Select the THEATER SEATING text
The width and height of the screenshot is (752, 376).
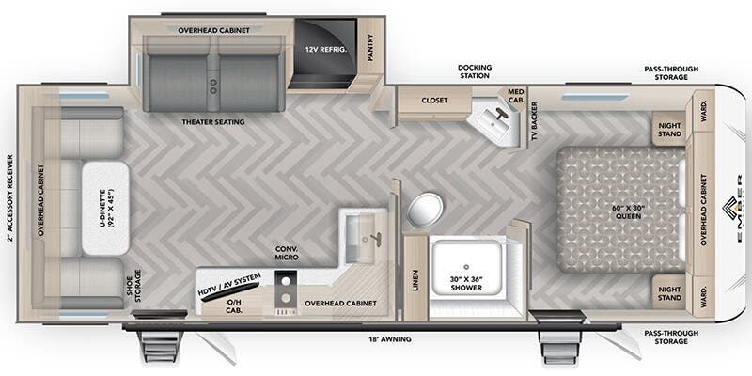click(x=213, y=121)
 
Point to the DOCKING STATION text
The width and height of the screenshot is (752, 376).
click(x=476, y=72)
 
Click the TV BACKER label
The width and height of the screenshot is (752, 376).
click(x=533, y=122)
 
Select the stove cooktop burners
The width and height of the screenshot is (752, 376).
click(x=283, y=291)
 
